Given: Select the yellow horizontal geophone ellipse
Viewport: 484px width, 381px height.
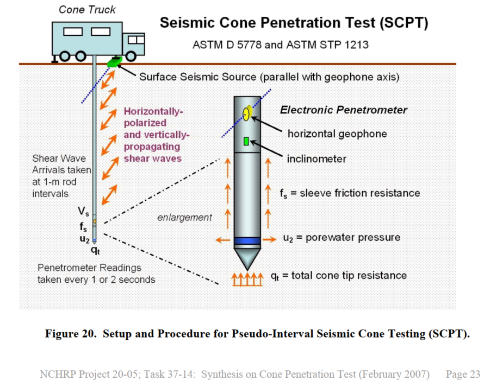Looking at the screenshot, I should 246,113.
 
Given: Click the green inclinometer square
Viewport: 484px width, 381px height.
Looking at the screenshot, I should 246,142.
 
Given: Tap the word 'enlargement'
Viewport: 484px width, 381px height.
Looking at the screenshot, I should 184,218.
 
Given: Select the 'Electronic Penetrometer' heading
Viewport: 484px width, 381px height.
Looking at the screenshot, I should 343,110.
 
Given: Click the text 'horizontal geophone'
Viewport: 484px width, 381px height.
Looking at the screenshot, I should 337,134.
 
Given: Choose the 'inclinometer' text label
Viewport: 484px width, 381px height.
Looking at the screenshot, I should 317,158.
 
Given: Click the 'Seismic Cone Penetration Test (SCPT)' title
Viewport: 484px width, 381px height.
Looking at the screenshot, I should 294,24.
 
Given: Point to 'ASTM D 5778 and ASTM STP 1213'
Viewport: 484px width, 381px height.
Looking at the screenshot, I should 280,45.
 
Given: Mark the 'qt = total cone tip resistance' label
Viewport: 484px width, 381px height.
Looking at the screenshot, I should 338,276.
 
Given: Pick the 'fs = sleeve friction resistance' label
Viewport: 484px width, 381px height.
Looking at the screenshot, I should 350,193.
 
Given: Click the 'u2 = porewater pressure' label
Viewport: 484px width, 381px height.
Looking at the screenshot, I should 342,238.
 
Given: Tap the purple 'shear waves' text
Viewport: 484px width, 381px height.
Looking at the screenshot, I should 152,158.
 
